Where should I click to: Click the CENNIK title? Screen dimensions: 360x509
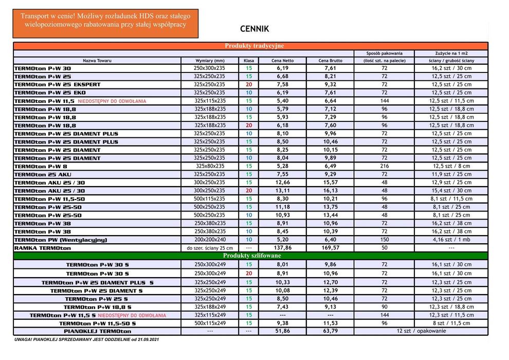coord(254,29)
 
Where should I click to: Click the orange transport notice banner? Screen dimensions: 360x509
coord(105,23)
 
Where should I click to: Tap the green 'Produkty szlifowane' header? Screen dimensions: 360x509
coord(250,256)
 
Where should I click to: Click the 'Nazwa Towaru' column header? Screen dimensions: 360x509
coord(97,60)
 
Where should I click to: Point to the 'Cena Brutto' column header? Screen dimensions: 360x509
coord(330,60)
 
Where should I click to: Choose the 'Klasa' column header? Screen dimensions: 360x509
coord(249,60)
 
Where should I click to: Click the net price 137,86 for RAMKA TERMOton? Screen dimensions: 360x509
coord(283,248)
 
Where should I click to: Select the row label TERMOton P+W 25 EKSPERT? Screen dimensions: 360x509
coord(58,84)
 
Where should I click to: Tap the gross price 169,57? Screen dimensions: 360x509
coord(330,248)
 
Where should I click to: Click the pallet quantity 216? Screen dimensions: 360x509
coord(384,166)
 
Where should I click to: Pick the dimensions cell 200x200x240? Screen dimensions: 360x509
coord(209,240)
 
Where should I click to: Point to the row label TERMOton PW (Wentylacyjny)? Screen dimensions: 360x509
coord(61,240)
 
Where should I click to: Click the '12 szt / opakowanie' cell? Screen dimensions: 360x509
coord(421,331)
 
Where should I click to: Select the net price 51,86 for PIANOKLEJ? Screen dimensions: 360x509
coord(283,331)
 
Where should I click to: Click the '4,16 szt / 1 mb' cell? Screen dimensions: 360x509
coord(451,240)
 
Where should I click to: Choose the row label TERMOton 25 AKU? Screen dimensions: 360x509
coord(43,174)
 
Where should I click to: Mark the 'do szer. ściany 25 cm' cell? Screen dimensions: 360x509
coord(209,248)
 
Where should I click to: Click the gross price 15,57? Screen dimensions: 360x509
coord(330,183)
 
